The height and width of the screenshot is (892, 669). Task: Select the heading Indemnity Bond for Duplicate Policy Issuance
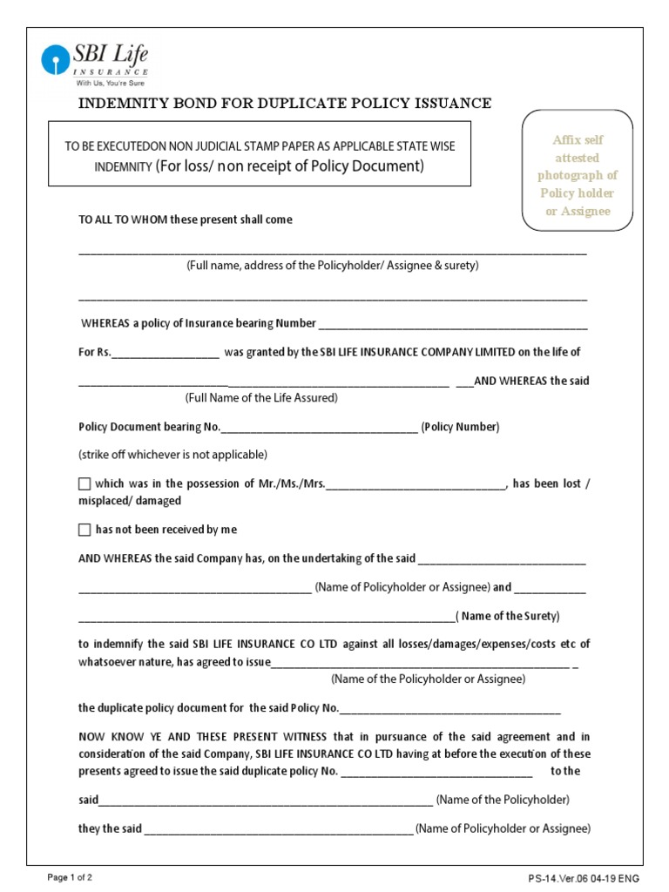(285, 104)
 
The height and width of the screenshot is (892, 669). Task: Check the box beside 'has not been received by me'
(84, 530)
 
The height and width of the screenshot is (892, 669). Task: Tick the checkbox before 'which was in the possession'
(84, 483)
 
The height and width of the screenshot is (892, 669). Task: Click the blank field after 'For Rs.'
(166, 353)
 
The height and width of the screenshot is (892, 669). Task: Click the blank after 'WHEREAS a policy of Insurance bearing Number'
(453, 324)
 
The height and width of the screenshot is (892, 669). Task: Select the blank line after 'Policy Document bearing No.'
(320, 428)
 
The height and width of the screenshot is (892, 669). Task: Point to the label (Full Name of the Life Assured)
(261, 398)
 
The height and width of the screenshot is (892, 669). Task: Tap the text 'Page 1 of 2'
(70, 877)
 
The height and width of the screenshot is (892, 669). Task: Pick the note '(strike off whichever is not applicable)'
(172, 455)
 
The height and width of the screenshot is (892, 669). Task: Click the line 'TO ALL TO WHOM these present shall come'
(186, 220)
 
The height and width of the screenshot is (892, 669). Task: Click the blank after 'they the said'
(279, 829)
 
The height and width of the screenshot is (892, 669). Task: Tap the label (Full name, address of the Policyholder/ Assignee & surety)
(333, 266)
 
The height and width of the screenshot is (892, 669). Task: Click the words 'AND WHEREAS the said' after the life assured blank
(531, 381)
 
